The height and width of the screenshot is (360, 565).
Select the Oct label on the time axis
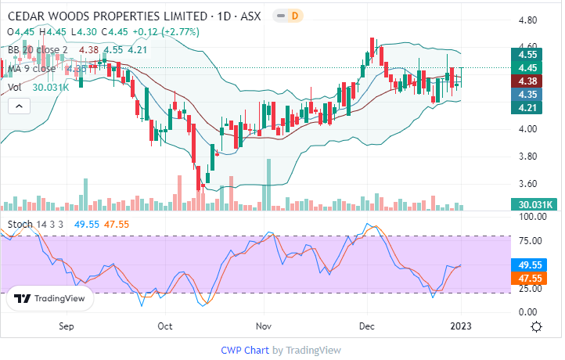click(164, 326)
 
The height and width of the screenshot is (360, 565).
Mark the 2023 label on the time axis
click(461, 326)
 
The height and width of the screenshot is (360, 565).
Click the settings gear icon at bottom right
click(538, 326)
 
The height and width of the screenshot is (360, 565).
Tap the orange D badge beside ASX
click(294, 16)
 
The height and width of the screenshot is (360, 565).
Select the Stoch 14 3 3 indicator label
click(35, 225)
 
